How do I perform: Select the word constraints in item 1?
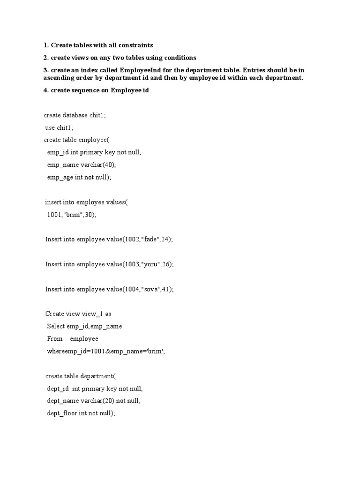(135, 45)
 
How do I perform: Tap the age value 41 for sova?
(167, 289)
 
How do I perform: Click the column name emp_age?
(60, 177)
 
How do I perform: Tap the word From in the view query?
(55, 338)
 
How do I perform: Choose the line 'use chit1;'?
(59, 127)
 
